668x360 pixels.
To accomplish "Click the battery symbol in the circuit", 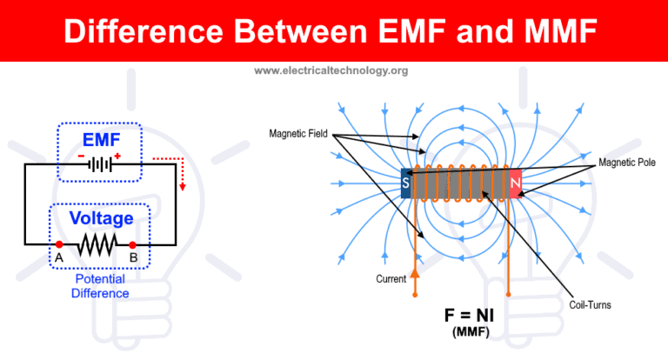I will click(103, 164).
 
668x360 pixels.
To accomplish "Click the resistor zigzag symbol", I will click(97, 246).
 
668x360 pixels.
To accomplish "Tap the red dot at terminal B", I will click(133, 246).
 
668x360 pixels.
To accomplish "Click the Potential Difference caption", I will click(100, 286).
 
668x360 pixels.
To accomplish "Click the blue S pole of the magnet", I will click(405, 183).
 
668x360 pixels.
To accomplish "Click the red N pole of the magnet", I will click(515, 183).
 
